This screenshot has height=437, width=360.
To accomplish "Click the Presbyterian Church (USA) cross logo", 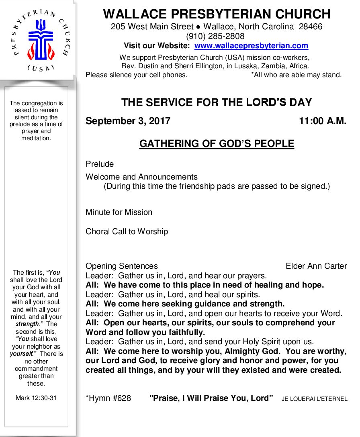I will click(x=39, y=40).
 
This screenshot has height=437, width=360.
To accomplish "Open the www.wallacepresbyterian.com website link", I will click(x=251, y=46).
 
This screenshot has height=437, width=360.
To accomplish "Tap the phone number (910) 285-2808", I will click(x=215, y=36).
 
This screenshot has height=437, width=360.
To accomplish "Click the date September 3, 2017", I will click(x=128, y=121).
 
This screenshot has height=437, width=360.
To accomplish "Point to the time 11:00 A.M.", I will click(x=322, y=121).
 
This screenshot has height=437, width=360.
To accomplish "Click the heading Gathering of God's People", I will click(x=217, y=144).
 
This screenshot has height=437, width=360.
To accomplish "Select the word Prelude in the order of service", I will click(x=100, y=164).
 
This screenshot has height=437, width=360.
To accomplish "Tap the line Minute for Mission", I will click(x=119, y=212).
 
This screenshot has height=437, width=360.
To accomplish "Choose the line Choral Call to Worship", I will click(x=127, y=231).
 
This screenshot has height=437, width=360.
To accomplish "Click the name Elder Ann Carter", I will click(x=316, y=266).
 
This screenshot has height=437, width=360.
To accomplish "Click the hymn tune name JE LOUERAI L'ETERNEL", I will click(x=314, y=399).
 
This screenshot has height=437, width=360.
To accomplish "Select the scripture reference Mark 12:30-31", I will click(x=36, y=398).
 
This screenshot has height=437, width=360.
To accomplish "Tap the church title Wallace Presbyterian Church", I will click(x=217, y=14).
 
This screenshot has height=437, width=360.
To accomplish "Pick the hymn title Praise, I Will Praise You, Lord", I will click(x=211, y=398).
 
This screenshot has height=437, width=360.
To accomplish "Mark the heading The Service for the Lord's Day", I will click(x=217, y=102).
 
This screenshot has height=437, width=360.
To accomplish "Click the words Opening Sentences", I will click(x=122, y=266).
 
